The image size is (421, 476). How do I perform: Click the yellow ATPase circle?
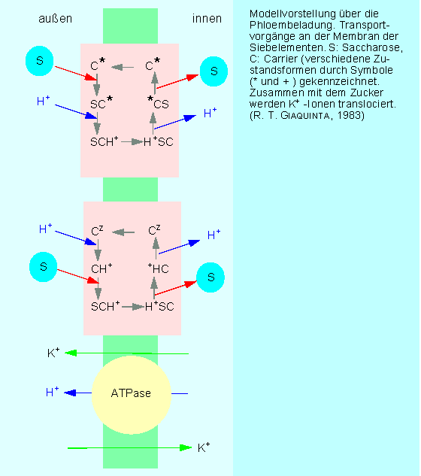pyautogui.click(x=132, y=395)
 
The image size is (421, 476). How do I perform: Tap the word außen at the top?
pyautogui.click(x=55, y=19)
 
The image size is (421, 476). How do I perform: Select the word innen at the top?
pyautogui.click(x=207, y=19)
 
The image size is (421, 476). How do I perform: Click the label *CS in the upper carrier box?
pyautogui.click(x=158, y=102)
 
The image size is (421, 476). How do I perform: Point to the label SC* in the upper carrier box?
pyautogui.click(x=101, y=102)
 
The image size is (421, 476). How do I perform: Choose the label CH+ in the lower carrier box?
pyautogui.click(x=101, y=268)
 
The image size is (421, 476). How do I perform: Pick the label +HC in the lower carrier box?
pyautogui.click(x=158, y=268)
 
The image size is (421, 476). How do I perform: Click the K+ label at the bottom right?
pyautogui.click(x=204, y=447)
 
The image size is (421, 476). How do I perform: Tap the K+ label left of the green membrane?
pyautogui.click(x=53, y=353)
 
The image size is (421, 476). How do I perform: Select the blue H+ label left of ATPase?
pyautogui.click(x=52, y=392)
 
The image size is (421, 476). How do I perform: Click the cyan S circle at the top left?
pyautogui.click(x=39, y=61)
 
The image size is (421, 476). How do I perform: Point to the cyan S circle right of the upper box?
pyautogui.click(x=214, y=71)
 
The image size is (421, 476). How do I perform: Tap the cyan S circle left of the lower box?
pyautogui.click(x=43, y=267)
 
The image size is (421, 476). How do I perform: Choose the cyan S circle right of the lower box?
pyautogui.click(x=210, y=277)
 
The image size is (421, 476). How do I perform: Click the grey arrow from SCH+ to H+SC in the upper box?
pyautogui.click(x=132, y=142)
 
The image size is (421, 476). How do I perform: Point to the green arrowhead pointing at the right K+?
pyautogui.click(x=186, y=447)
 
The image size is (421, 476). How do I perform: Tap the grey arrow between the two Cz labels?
pyautogui.click(x=123, y=232)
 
